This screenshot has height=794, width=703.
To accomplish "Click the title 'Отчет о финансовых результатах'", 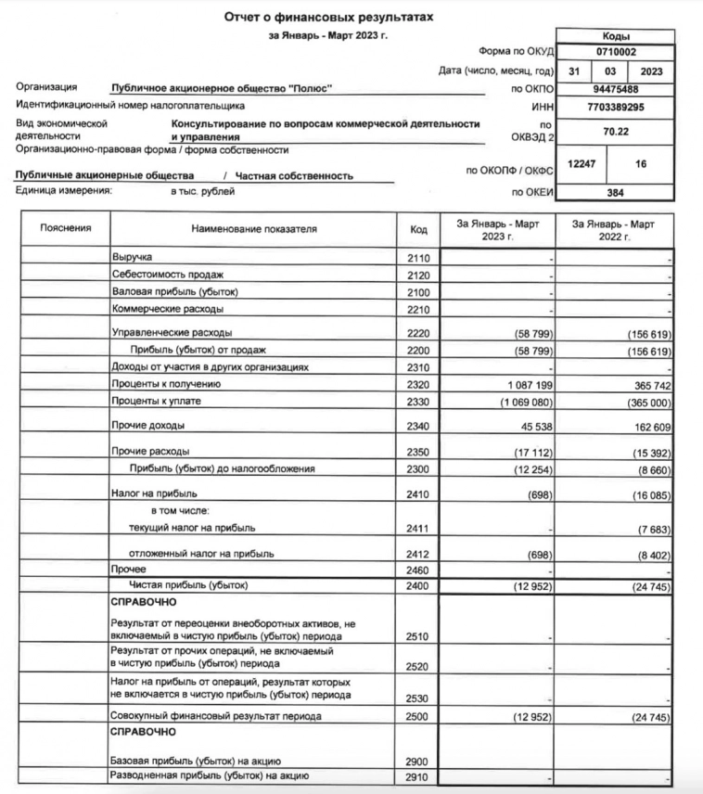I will coord(329,17).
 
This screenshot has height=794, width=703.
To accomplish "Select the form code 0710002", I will coord(616,53).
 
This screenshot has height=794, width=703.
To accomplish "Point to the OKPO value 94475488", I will coord(616,90).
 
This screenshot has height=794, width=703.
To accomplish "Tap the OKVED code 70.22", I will coord(616,132).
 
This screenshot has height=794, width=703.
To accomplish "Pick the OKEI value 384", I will coord(616,193).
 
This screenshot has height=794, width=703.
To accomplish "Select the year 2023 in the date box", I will coord(650,71).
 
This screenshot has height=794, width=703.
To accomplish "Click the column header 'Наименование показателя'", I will coord(254,228).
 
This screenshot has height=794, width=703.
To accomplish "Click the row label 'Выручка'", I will coord(132,256).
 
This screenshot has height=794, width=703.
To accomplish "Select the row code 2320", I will coord(418,383).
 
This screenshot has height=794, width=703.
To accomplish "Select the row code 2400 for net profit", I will coord(418,586).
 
